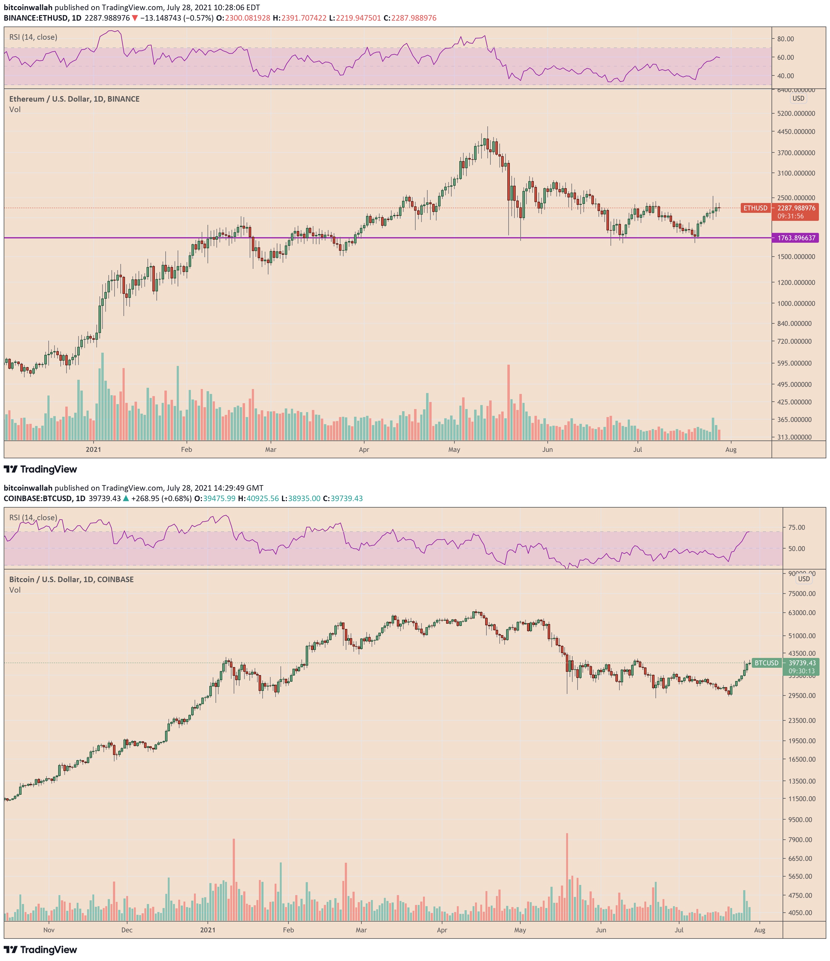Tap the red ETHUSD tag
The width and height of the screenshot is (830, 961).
pyautogui.click(x=755, y=208)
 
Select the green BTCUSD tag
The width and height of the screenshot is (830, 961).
pyautogui.click(x=766, y=663)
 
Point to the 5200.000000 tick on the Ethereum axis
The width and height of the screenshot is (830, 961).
pyautogui.click(x=796, y=113)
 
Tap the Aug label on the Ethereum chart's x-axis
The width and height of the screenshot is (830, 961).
pyautogui.click(x=731, y=449)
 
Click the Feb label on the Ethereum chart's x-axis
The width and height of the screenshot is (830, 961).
pyautogui.click(x=186, y=449)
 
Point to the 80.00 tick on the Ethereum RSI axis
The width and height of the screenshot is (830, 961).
pyautogui.click(x=785, y=39)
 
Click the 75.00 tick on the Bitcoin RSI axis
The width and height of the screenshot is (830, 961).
pyautogui.click(x=797, y=527)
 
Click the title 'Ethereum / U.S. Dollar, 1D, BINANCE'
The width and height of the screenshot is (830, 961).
pyautogui.click(x=74, y=99)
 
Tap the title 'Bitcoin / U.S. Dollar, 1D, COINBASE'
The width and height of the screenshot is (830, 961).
pyautogui.click(x=71, y=579)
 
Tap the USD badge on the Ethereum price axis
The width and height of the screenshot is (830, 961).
pyautogui.click(x=798, y=98)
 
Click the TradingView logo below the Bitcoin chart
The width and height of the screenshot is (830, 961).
pyautogui.click(x=41, y=950)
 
